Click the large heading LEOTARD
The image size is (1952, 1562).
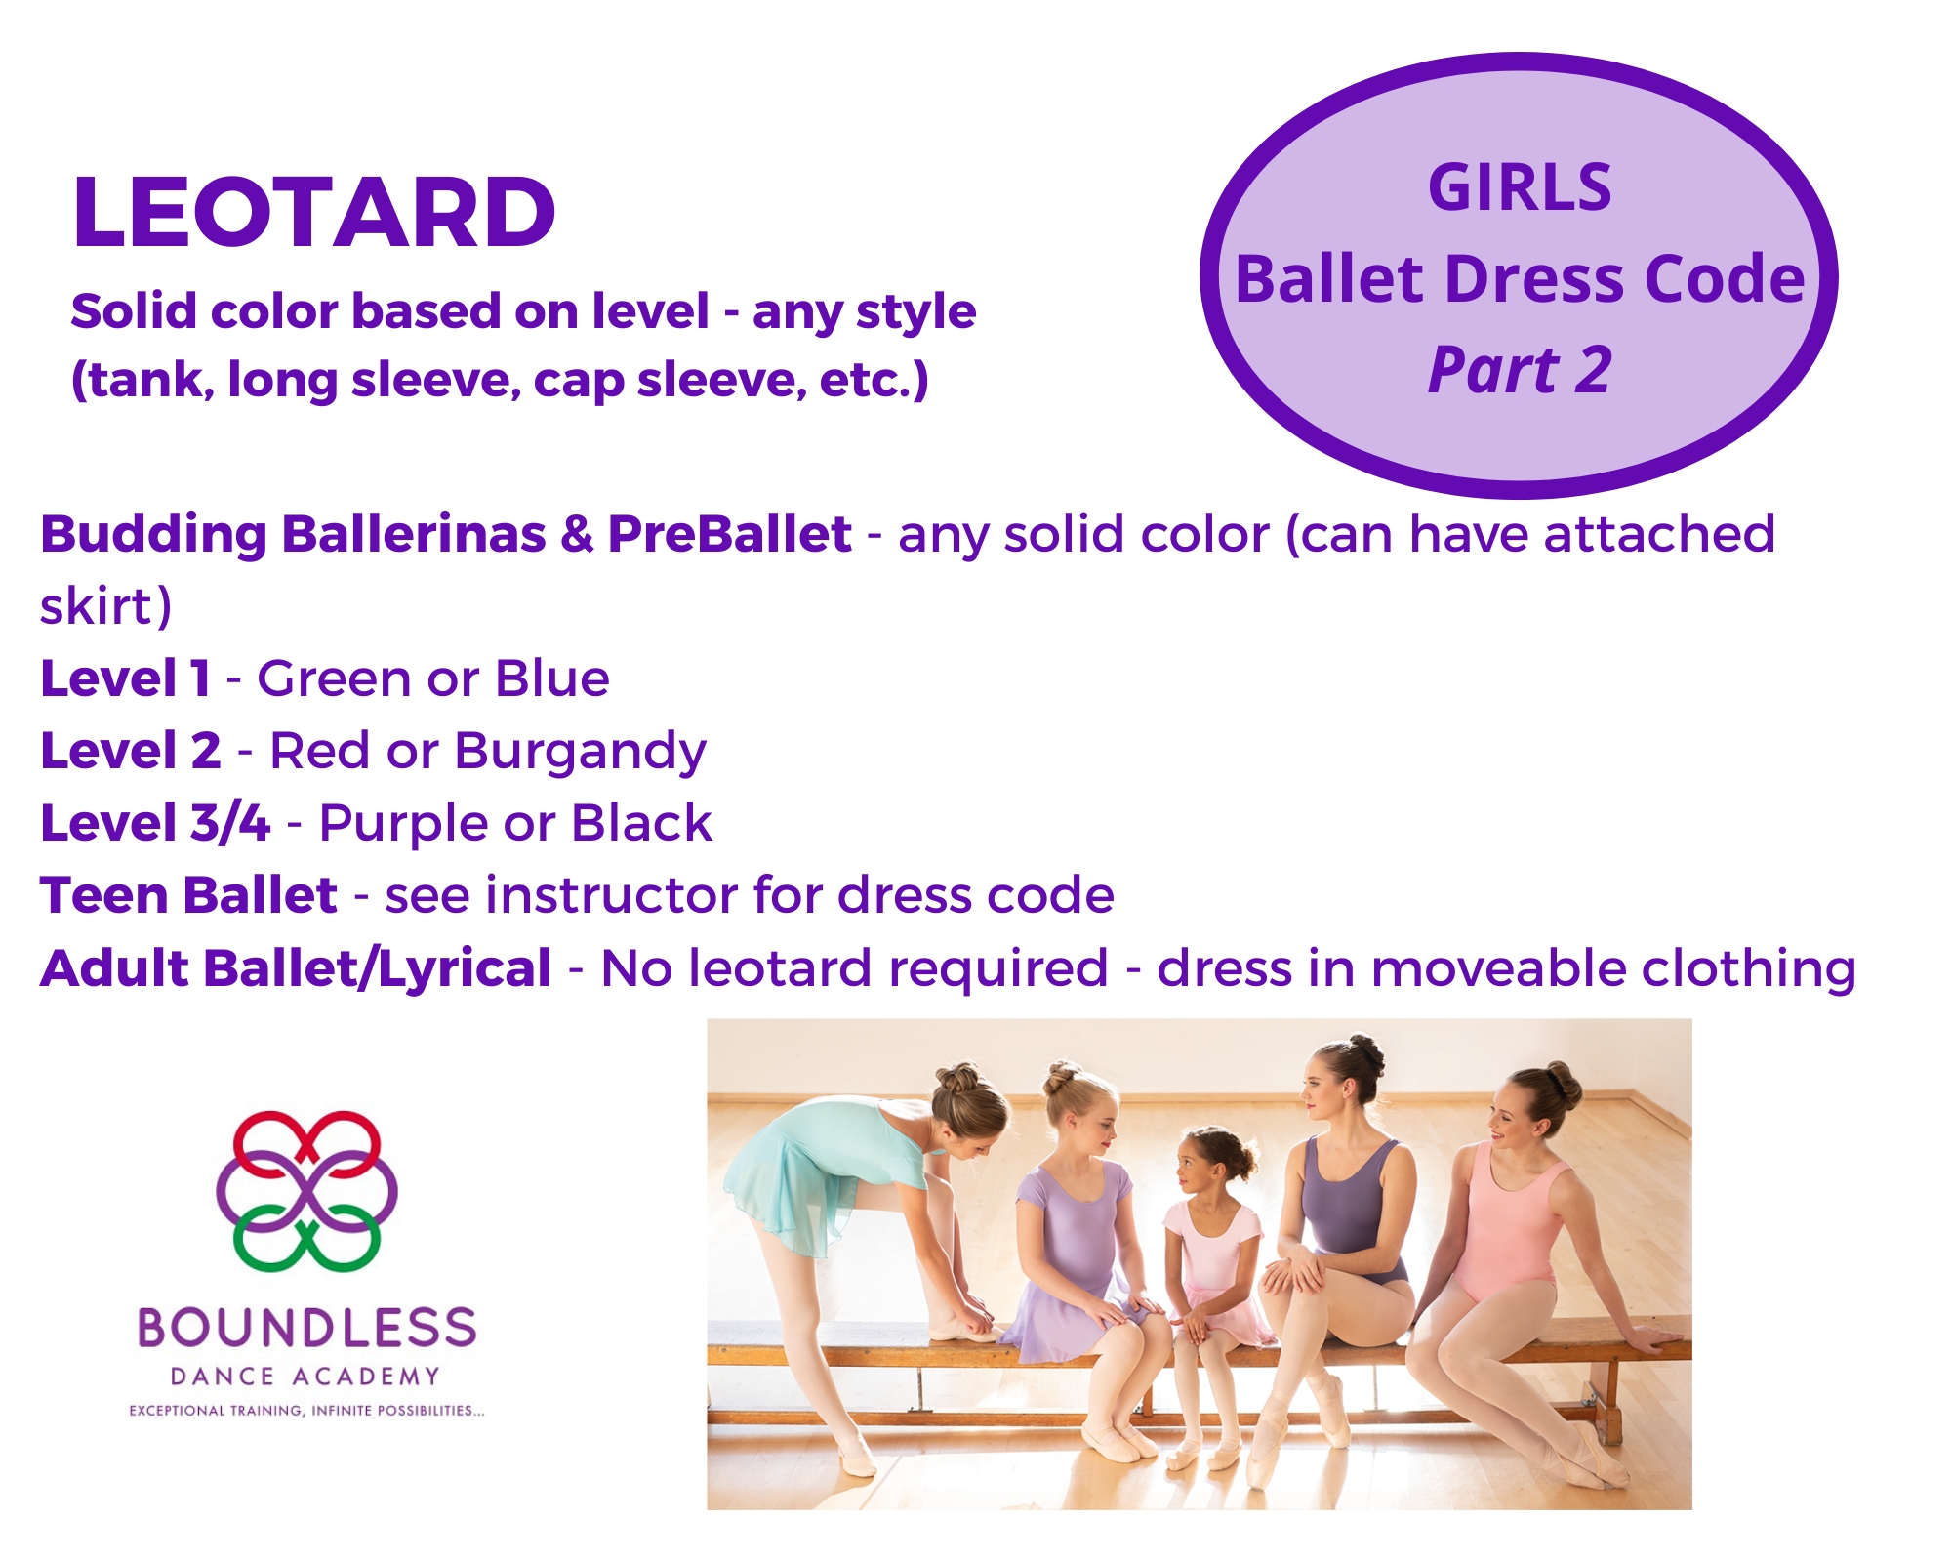click(314, 212)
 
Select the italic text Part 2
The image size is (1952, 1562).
click(1520, 370)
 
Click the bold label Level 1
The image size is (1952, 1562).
click(125, 678)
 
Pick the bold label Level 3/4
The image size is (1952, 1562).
click(154, 823)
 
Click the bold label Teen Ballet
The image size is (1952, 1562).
click(188, 895)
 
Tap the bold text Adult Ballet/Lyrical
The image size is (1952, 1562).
click(296, 969)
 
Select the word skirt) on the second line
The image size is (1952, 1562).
click(106, 606)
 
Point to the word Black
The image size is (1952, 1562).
click(641, 823)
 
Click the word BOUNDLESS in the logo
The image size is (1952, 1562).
click(306, 1328)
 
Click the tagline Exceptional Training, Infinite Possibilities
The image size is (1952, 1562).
click(306, 1411)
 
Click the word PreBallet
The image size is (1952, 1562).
click(729, 534)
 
